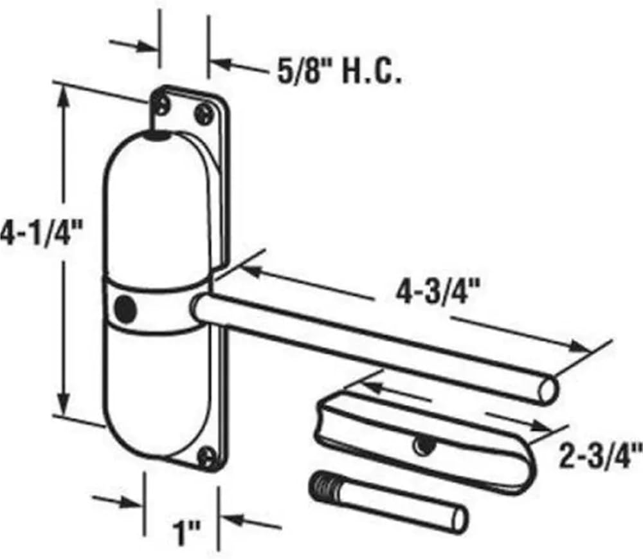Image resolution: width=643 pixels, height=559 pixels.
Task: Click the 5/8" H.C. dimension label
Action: pyautogui.click(x=339, y=73)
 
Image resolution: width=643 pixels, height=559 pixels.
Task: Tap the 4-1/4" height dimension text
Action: pyautogui.click(x=41, y=236)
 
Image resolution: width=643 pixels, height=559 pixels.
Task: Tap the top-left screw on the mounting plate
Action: pyautogui.click(x=163, y=105)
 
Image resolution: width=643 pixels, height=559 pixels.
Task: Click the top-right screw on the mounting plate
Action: pyautogui.click(x=204, y=114)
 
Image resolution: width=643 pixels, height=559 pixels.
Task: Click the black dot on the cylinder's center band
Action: pyautogui.click(x=125, y=307)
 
